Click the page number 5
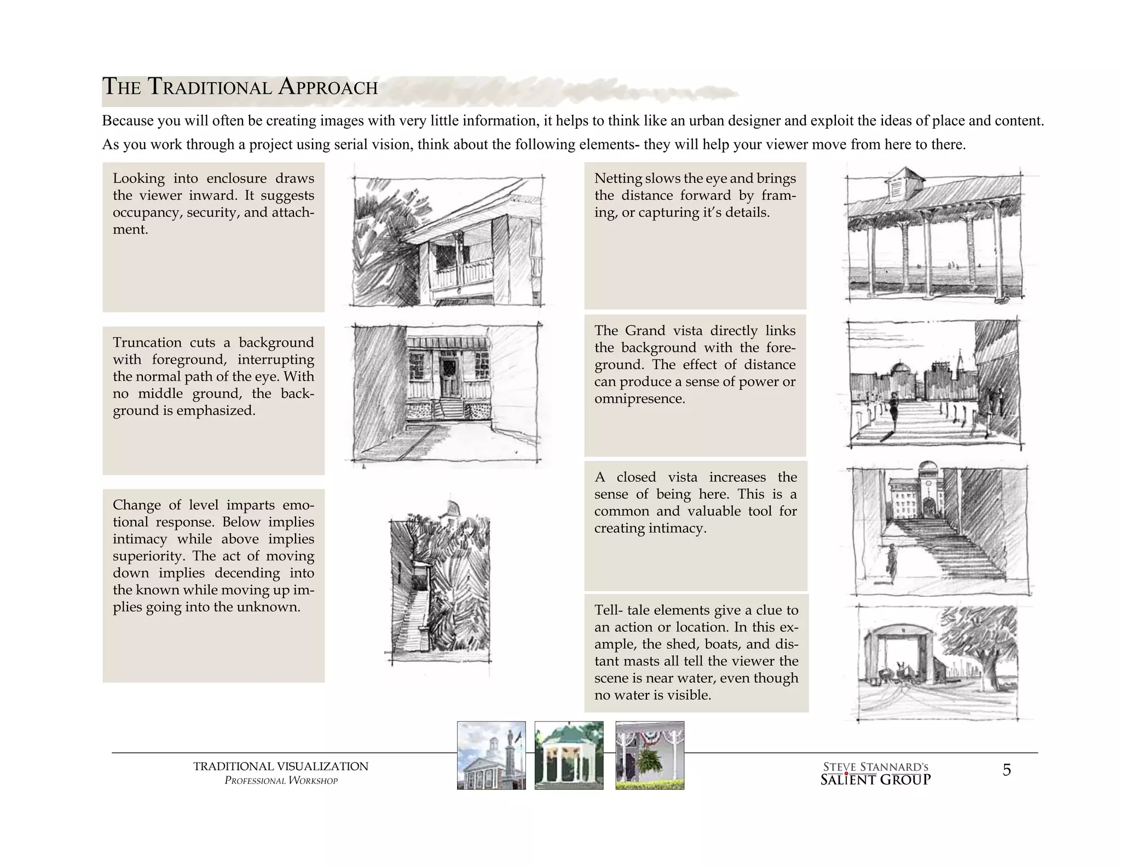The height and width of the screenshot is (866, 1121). (1006, 770)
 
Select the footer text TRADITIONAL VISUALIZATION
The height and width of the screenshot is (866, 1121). (280, 766)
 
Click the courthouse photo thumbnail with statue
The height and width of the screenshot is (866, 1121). (491, 755)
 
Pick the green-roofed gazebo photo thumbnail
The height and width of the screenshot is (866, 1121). (569, 755)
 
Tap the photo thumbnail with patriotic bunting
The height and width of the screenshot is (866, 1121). (650, 755)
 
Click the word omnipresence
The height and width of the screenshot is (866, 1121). (639, 399)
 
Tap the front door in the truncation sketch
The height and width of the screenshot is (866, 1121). (450, 378)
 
